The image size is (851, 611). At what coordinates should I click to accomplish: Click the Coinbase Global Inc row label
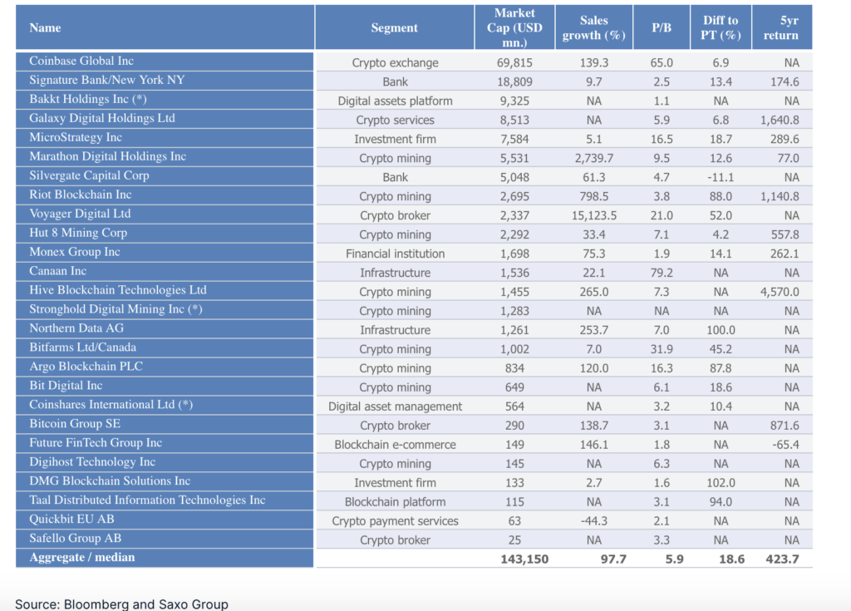coord(81,62)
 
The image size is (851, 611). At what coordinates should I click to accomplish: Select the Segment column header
coord(395,27)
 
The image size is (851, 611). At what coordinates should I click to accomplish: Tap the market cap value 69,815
coord(515,62)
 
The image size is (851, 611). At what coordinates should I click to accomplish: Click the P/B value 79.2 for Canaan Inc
coord(662,273)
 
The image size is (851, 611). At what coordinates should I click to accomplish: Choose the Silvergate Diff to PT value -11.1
coord(721,177)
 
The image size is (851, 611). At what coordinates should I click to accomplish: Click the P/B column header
coord(662,27)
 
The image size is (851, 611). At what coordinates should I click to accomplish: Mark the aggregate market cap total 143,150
coord(524,559)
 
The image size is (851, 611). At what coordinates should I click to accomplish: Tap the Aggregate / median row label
coord(82,558)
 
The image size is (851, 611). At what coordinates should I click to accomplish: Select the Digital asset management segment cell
coord(396,407)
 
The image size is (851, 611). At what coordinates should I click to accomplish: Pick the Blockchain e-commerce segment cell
coord(396,445)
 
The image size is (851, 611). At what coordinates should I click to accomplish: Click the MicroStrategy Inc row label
coord(76,138)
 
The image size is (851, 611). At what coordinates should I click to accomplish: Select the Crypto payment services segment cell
coord(396,521)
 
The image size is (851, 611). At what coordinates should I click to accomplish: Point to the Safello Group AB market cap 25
coord(515,540)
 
